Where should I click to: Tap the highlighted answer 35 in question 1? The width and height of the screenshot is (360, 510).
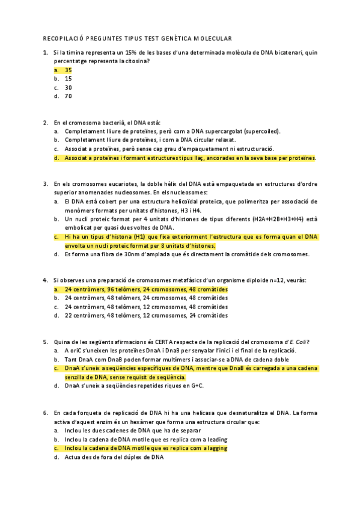click(69, 70)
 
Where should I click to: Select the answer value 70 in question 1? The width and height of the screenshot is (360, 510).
click(69, 96)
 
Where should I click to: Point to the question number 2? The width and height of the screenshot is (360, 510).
click(46, 123)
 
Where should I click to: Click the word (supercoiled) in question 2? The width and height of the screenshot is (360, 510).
click(262, 131)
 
